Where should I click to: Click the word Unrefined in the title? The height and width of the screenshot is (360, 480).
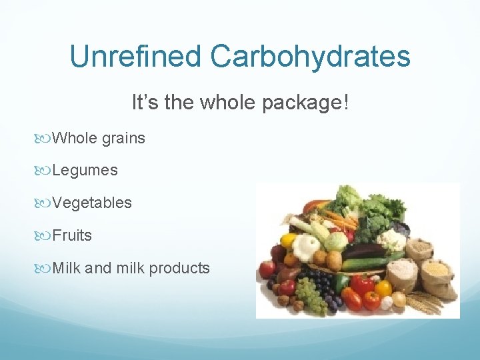(x=135, y=57)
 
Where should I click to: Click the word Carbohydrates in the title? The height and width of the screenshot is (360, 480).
(x=311, y=57)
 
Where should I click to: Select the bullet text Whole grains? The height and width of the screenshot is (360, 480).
(x=98, y=139)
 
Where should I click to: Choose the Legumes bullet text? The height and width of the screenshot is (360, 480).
(x=85, y=171)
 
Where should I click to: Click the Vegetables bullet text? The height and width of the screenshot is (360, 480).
(x=92, y=203)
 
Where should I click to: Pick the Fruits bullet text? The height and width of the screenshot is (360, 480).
(x=72, y=235)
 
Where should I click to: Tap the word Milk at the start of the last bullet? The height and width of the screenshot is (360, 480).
(x=67, y=268)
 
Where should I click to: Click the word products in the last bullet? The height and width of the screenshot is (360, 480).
(x=179, y=268)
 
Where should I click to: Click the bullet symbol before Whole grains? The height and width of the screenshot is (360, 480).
(x=45, y=139)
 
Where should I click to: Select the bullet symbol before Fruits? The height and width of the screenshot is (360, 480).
(x=45, y=235)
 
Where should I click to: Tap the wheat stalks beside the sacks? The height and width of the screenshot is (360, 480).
(x=427, y=303)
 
